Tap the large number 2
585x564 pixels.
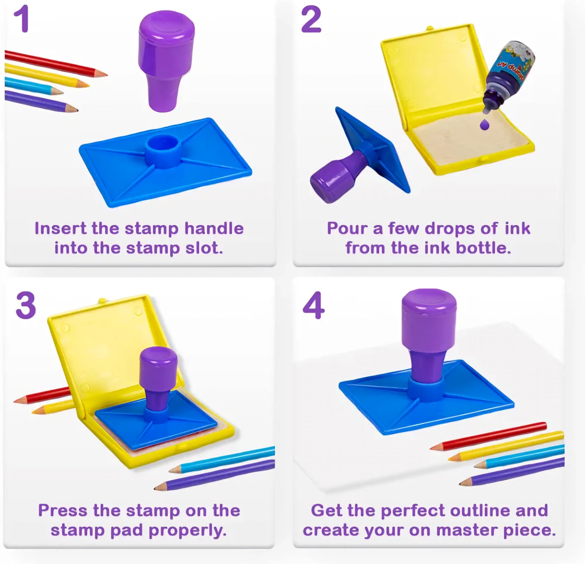point(311,20)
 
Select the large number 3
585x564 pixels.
point(26,306)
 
